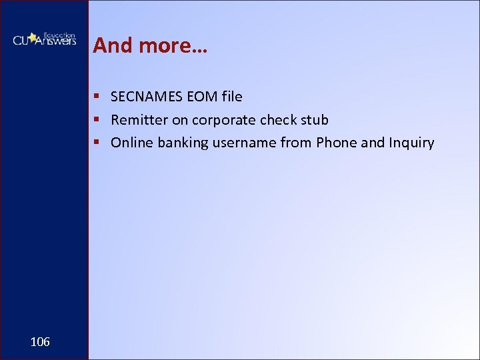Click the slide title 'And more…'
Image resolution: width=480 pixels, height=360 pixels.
(x=150, y=45)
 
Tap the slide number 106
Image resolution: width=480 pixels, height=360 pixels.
(x=40, y=342)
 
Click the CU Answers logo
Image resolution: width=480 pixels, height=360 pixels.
(x=44, y=40)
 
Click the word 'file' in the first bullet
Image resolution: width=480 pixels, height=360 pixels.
(x=232, y=97)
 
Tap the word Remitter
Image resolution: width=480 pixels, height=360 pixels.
(x=139, y=120)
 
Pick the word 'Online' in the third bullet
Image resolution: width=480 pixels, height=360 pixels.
(x=132, y=143)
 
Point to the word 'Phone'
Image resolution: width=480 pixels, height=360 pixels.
(x=337, y=143)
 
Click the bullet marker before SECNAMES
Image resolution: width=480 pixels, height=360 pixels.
(x=97, y=97)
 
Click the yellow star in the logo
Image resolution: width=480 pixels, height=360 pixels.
(x=32, y=37)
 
